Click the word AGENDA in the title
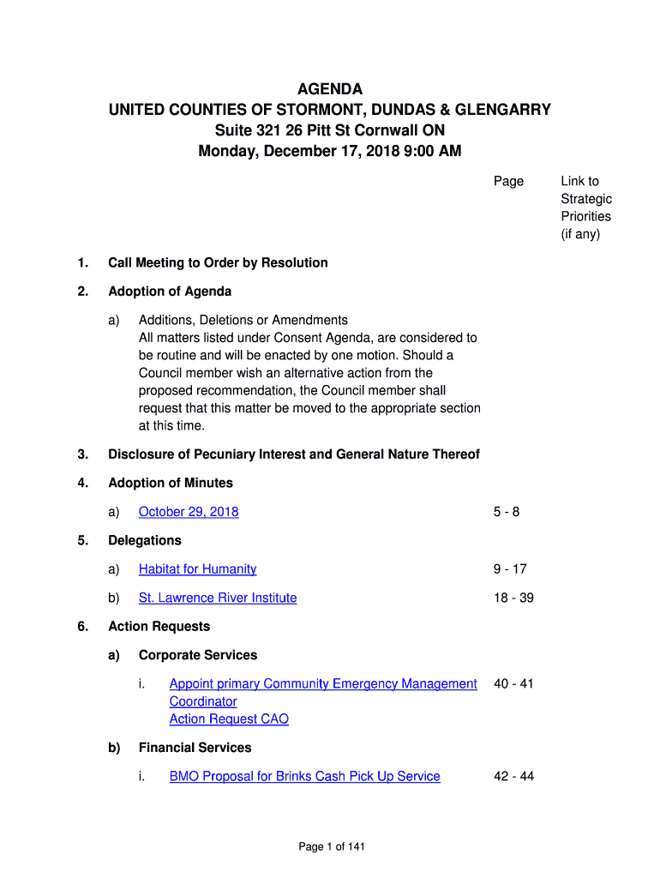point(329,89)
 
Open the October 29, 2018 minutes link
point(189,512)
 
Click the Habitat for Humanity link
point(197,569)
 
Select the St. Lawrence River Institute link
point(218,598)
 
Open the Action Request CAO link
point(229,719)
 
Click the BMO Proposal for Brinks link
point(304,777)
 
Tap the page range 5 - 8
point(506,512)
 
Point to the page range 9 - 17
point(509,569)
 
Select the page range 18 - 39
point(513,598)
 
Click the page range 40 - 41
point(513,684)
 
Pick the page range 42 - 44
point(513,777)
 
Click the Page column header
point(508,181)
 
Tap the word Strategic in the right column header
point(586,199)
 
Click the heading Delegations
point(145,540)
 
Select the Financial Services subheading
point(195,748)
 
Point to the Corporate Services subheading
point(198,655)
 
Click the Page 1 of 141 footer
point(332,847)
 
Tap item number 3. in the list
point(82,454)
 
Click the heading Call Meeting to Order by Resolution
point(218,262)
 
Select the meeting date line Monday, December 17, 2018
point(329,152)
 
